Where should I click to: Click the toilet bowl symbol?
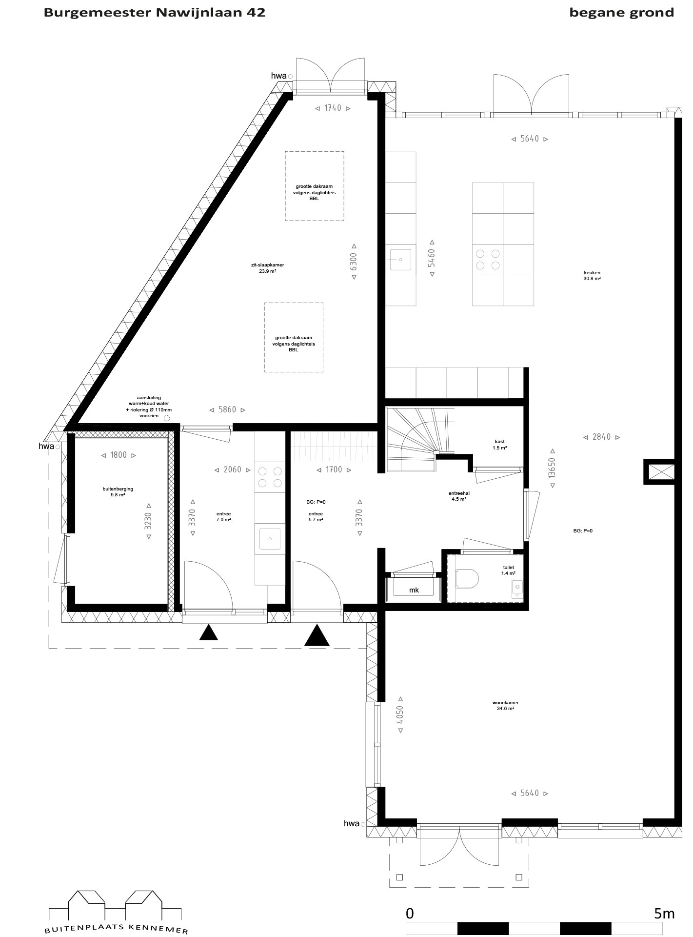(x=467, y=579)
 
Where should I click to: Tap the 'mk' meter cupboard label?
(x=414, y=590)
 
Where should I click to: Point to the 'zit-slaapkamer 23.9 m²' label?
(x=268, y=268)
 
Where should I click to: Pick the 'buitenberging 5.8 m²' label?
(x=118, y=491)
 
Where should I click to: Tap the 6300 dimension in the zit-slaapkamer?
(x=354, y=262)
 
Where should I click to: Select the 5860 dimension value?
(x=227, y=409)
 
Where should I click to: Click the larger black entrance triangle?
(x=317, y=635)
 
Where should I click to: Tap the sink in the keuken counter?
(x=400, y=260)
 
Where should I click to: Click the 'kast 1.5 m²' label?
(x=500, y=445)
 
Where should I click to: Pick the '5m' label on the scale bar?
(x=664, y=913)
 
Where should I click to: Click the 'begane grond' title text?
(x=622, y=13)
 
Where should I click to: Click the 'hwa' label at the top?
(x=278, y=76)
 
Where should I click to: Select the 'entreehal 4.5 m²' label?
(x=459, y=496)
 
